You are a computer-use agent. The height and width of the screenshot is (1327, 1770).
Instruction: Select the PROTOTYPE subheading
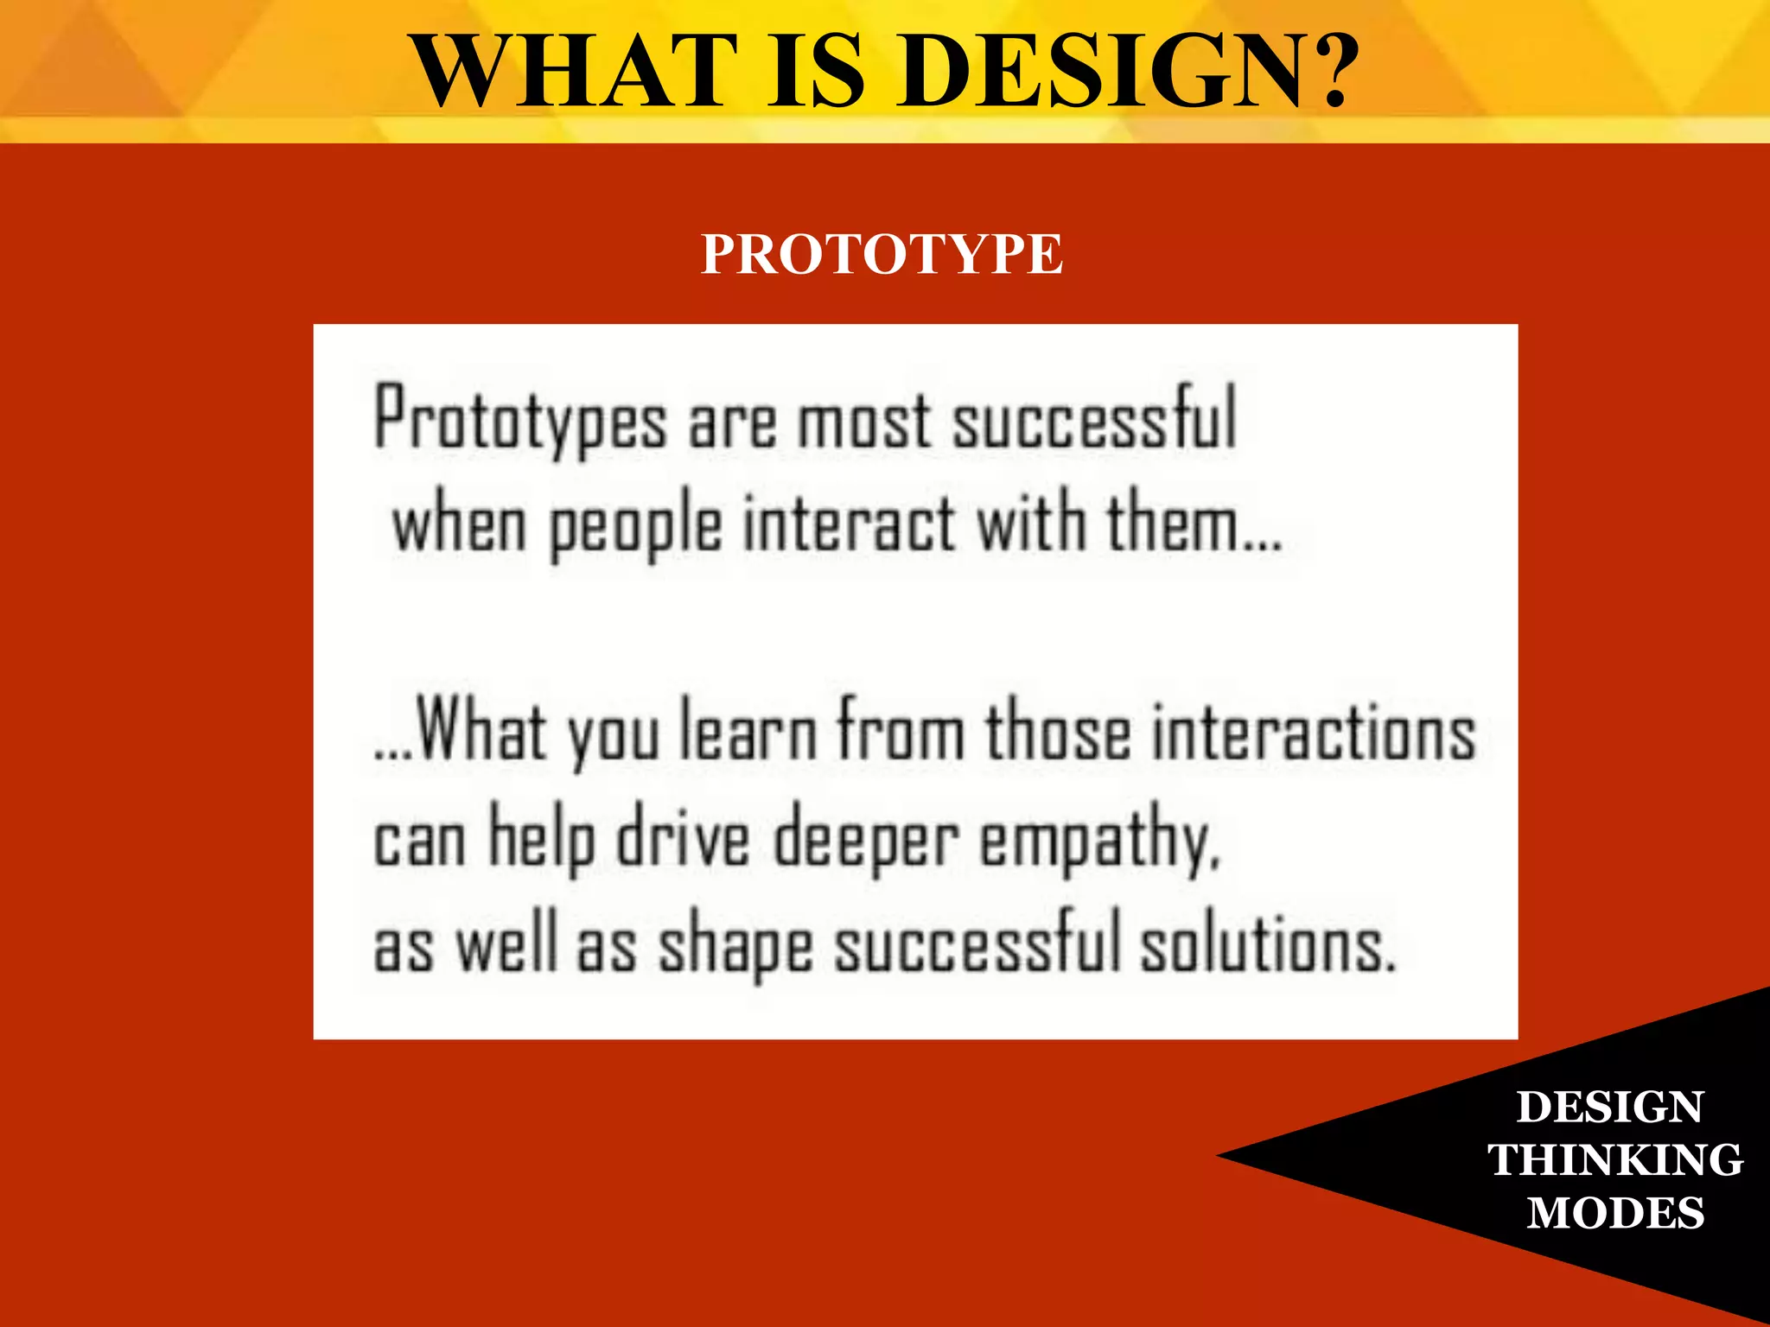[x=882, y=255]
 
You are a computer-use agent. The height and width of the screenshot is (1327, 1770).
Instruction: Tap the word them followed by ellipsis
[x=1193, y=524]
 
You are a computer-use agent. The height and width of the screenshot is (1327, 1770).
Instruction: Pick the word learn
[x=748, y=733]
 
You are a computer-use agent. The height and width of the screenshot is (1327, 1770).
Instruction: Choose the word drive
[x=683, y=838]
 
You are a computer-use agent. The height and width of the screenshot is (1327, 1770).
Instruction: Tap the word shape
[x=735, y=947]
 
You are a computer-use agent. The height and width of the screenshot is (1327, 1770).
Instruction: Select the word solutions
[x=1267, y=945]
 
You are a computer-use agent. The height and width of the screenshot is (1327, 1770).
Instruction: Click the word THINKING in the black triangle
[x=1614, y=1159]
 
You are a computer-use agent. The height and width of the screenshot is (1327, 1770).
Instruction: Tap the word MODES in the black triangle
[x=1614, y=1212]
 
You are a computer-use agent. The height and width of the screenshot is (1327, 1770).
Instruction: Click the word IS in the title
[x=816, y=71]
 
